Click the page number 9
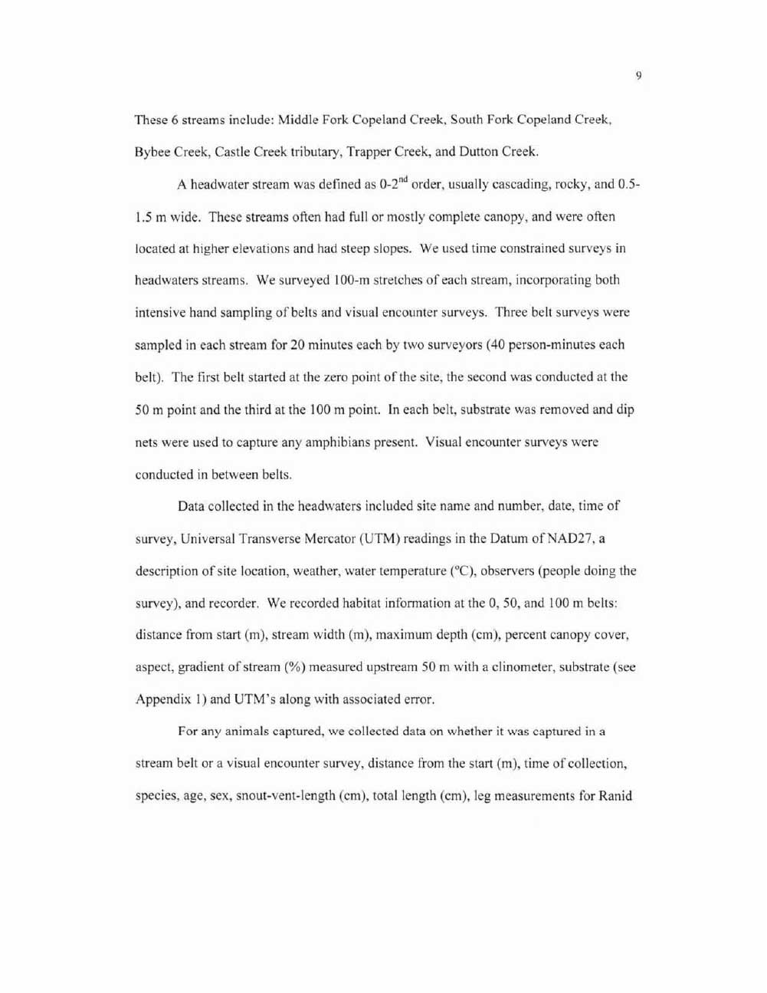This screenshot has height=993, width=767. coord(638,75)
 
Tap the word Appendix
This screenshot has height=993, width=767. coord(160,700)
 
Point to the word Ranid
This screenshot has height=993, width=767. coord(615,796)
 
